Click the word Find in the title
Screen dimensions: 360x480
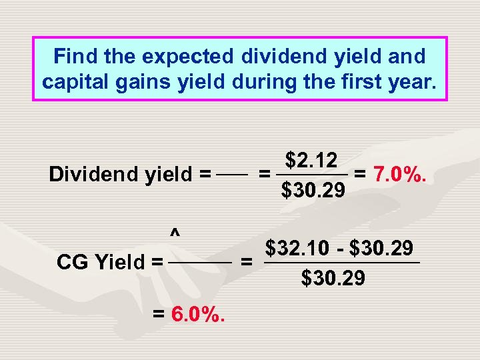click(70, 57)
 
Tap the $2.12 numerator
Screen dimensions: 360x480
click(311, 161)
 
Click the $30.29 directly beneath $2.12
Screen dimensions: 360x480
click(313, 192)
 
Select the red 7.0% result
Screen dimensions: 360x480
click(400, 175)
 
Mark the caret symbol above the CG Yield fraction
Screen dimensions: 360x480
click(174, 233)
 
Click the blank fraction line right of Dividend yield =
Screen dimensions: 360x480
click(233, 176)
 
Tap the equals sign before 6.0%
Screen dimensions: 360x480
click(160, 314)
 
